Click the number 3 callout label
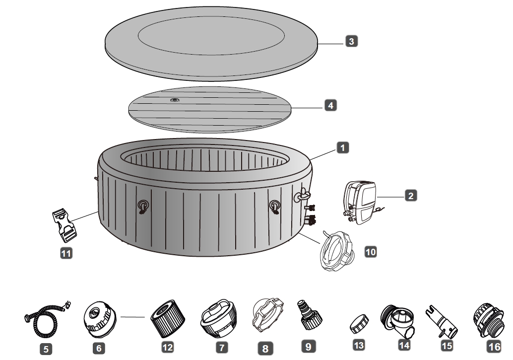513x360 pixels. point(351,42)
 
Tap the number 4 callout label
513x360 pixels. point(330,105)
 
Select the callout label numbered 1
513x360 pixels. point(342,147)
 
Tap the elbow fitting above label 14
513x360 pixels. point(400,321)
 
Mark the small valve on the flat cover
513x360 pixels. point(175,100)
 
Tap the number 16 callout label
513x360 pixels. point(493,348)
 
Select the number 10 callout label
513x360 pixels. point(370,251)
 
